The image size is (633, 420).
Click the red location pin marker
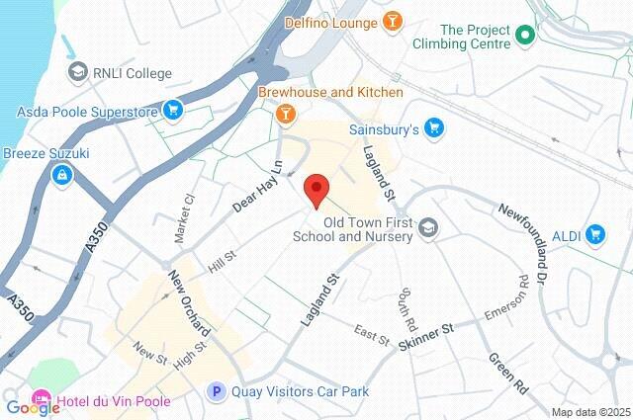[x=316, y=189]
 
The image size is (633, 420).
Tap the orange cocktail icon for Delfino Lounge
[x=393, y=22]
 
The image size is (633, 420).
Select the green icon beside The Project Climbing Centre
[x=526, y=38]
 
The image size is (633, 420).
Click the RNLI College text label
[x=134, y=73]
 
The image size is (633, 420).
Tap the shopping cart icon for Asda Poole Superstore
[x=173, y=109]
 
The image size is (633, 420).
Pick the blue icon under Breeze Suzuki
[x=61, y=175]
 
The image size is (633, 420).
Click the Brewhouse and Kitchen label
[x=330, y=92]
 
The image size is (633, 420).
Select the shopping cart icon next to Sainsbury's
[x=433, y=128]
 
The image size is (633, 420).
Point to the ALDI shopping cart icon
[x=594, y=234]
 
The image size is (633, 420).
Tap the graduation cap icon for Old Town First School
[x=427, y=228]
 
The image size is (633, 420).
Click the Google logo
[x=32, y=406]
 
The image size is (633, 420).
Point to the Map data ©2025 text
[x=589, y=412]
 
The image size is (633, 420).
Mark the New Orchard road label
[x=188, y=301]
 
